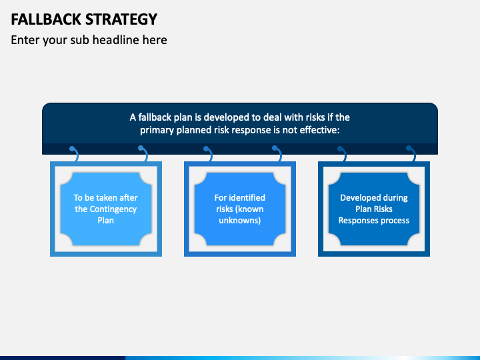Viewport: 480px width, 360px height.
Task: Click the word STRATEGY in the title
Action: point(121,19)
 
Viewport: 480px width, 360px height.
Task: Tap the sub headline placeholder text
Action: point(89,40)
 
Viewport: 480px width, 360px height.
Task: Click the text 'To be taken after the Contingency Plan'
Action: point(105,209)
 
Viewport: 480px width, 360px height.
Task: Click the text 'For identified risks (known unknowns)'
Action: point(239,209)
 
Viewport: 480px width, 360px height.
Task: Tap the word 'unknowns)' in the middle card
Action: point(239,220)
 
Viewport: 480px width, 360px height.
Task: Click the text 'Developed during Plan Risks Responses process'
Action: point(373,209)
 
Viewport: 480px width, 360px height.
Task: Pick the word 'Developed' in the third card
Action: point(360,197)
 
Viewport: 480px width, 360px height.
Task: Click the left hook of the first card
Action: point(73,154)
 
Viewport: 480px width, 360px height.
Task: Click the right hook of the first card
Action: point(143,154)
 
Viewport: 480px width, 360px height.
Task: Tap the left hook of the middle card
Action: point(207,154)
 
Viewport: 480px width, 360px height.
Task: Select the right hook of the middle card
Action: point(277,154)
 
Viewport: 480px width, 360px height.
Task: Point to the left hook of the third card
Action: point(341,154)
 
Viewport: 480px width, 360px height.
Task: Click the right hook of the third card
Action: point(411,154)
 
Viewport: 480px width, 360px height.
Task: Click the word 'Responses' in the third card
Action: point(358,220)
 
